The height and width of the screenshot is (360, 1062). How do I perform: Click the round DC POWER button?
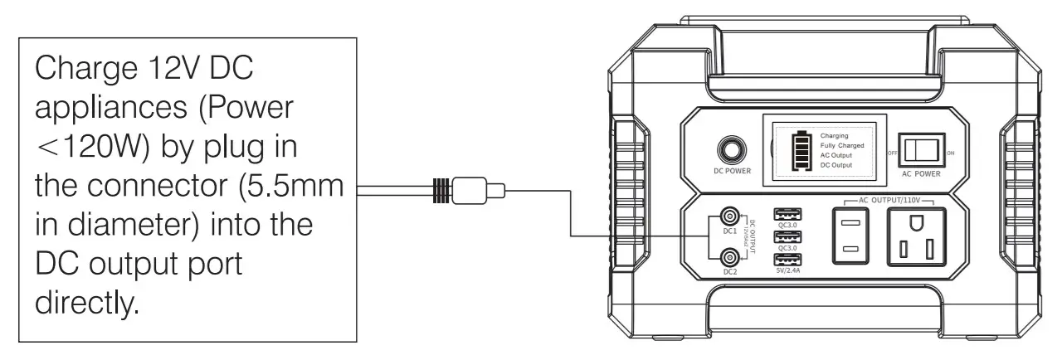coord(732,149)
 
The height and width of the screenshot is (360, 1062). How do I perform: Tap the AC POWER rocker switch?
coord(921,150)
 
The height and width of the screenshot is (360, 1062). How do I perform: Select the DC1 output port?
coord(729,216)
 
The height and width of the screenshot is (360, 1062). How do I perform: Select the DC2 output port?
coord(729,256)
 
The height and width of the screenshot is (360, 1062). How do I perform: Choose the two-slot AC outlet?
coord(850,236)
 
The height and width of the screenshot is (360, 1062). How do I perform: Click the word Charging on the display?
coord(834,134)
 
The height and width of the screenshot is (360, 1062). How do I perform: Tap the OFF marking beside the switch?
coord(894,153)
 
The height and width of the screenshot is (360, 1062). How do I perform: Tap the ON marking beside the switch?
coord(950,153)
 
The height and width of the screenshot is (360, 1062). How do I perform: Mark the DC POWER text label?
coord(733,172)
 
